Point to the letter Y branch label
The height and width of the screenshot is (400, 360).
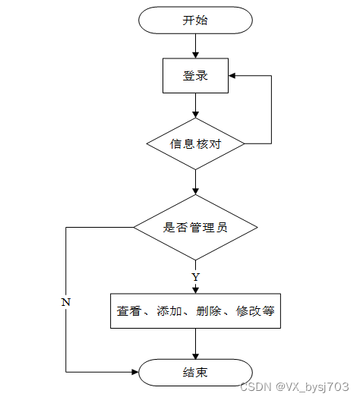point(196,277)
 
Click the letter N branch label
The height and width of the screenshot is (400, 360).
point(66,302)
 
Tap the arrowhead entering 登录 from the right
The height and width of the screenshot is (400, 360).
point(232,75)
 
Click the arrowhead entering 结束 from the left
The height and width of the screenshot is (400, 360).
point(135,372)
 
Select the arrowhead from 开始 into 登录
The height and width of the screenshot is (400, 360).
point(196,55)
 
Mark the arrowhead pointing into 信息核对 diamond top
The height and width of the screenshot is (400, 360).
point(196,115)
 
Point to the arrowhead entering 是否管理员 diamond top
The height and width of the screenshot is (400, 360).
point(196,191)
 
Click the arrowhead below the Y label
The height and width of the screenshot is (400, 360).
point(196,290)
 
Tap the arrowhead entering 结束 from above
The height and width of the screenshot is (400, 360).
point(196,356)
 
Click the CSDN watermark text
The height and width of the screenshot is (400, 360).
point(295,387)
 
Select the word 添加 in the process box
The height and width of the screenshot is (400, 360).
point(169,311)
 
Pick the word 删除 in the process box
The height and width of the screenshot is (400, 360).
point(208,311)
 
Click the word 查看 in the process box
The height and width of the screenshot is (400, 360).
point(129,311)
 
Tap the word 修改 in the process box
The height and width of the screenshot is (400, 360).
point(248,311)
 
